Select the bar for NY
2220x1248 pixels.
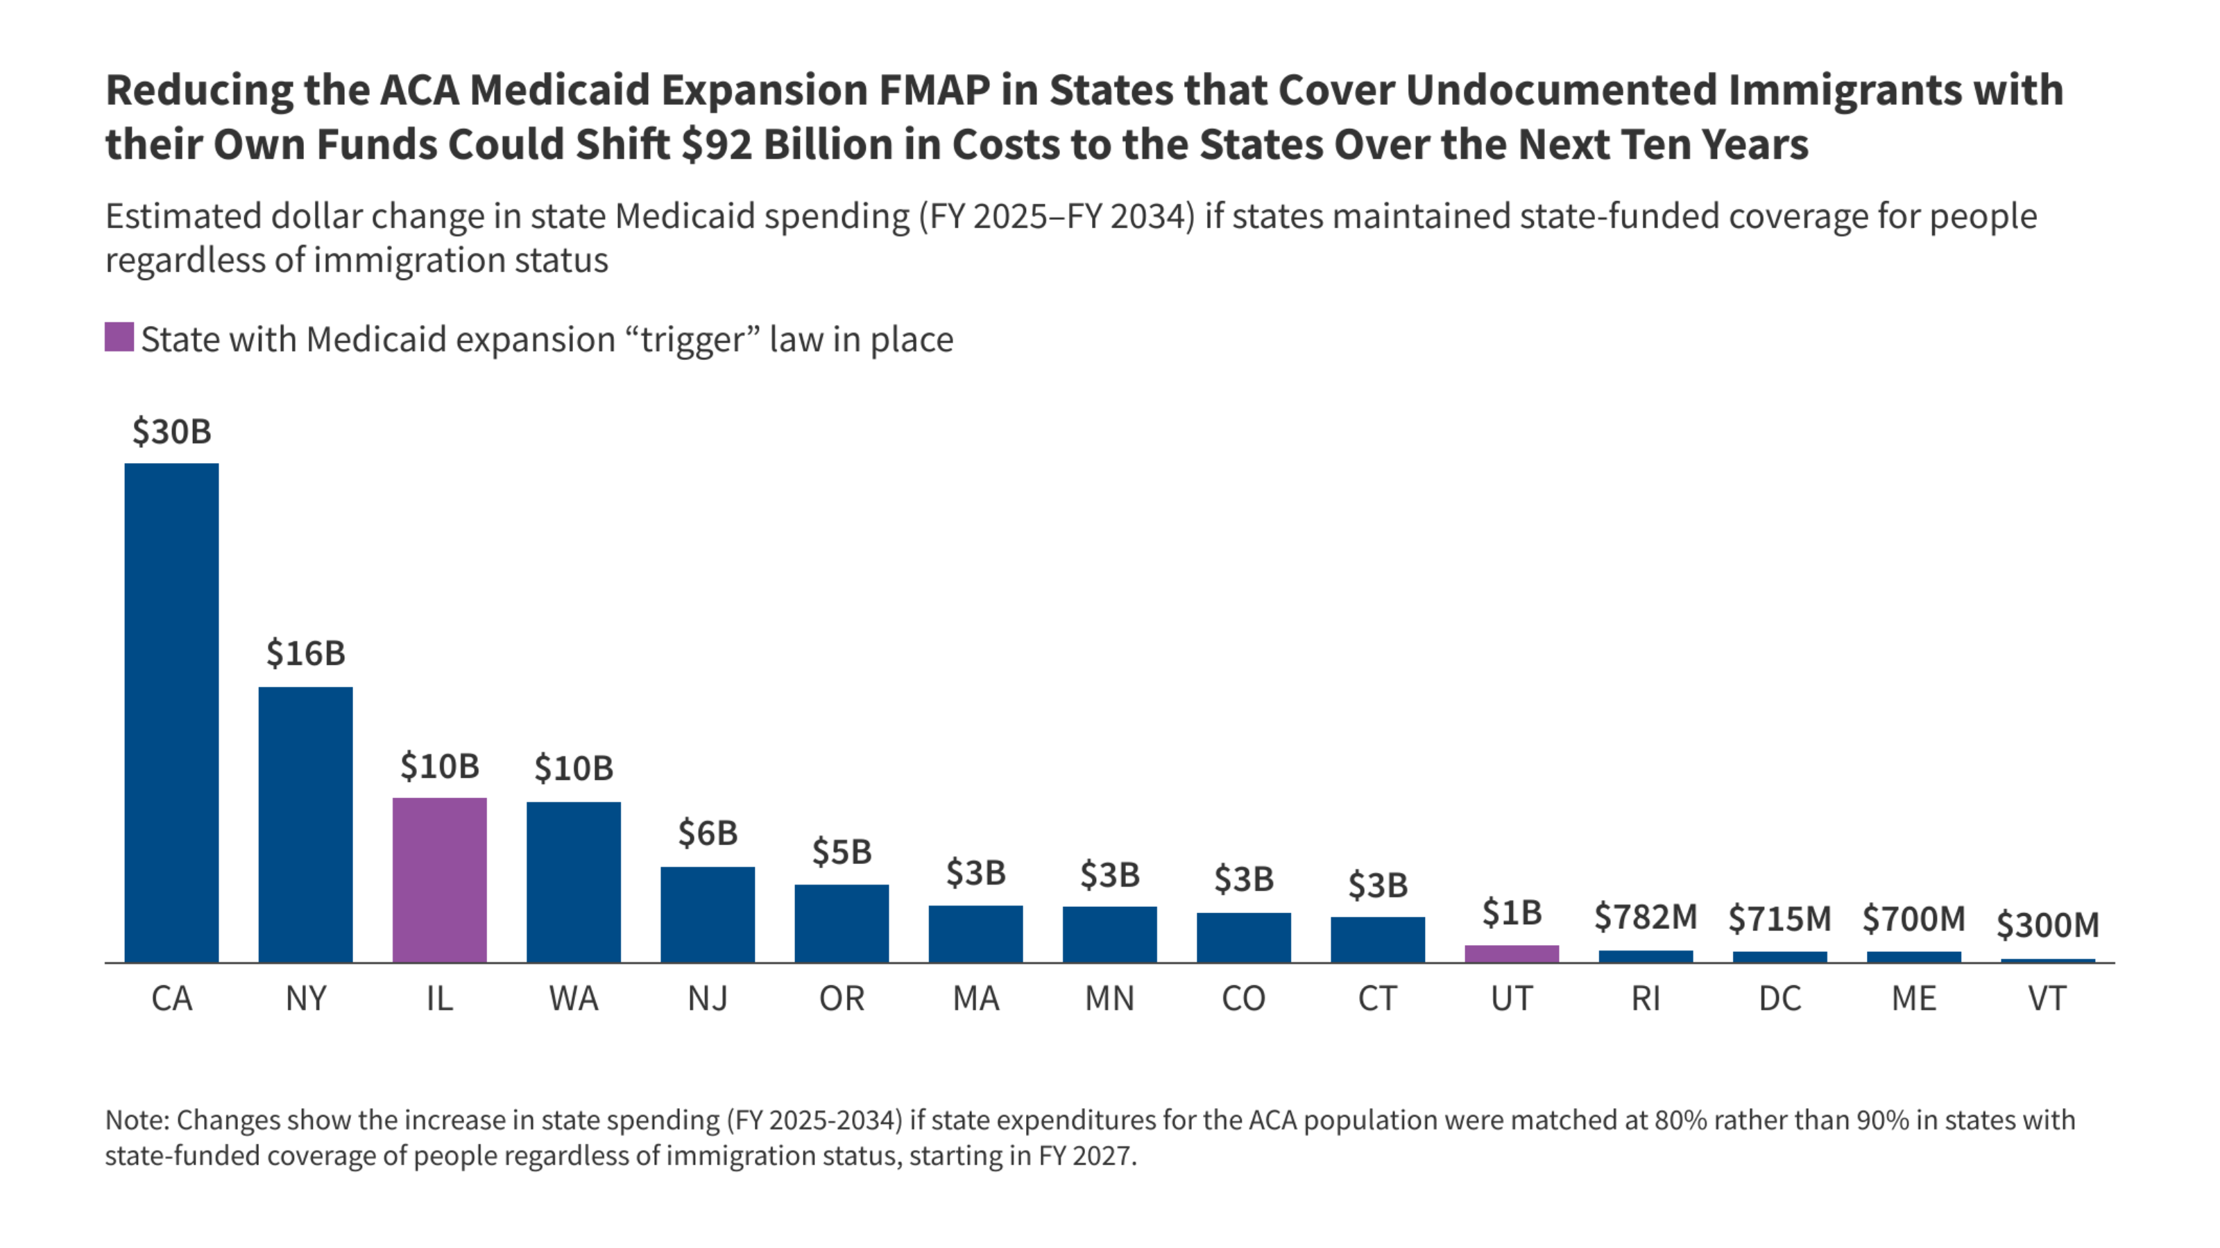pos(305,824)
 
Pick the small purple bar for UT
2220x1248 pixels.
pos(1512,953)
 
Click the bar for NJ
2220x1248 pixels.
pos(708,914)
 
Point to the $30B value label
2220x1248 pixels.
pos(171,431)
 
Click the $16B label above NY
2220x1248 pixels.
pos(305,654)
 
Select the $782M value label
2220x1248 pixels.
pos(1645,917)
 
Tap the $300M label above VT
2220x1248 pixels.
pos(2048,925)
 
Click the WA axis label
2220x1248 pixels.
pos(573,999)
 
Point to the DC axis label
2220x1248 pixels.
pos(1779,999)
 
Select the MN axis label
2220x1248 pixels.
pos(1109,999)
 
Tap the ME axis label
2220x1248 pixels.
pos(1913,999)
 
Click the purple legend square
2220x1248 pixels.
pos(119,337)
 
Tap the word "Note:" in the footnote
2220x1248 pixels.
pos(137,1120)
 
